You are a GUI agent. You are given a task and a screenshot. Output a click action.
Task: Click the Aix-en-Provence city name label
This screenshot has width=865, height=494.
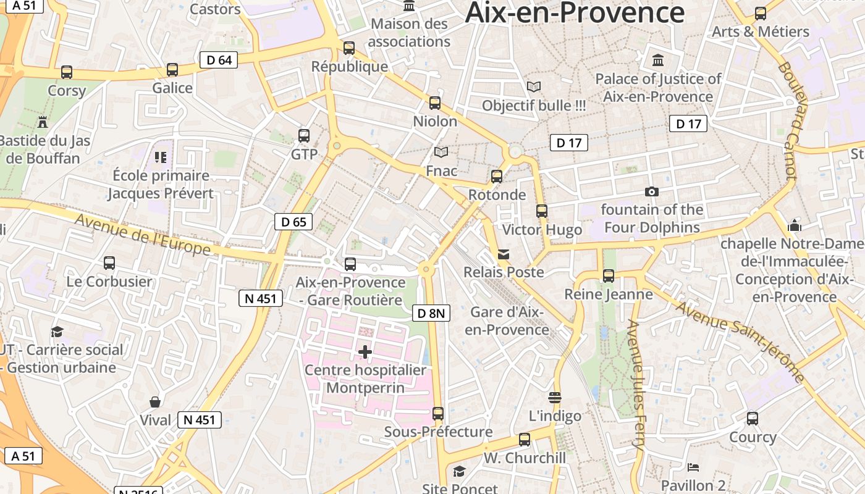[575, 12]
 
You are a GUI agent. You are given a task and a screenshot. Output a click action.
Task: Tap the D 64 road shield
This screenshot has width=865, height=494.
[219, 60]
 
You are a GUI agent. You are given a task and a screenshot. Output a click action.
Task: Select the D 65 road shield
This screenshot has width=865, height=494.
[293, 222]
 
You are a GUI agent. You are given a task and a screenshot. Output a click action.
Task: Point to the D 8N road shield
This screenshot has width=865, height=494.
[431, 313]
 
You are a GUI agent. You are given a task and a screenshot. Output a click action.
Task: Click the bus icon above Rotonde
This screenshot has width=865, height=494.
[496, 177]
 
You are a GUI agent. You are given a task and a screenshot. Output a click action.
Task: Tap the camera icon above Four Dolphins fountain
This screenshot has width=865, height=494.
[651, 192]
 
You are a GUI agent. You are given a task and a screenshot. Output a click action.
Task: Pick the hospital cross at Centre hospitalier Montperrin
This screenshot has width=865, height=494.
[365, 352]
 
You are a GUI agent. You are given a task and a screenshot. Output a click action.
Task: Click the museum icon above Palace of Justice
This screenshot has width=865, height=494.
[658, 61]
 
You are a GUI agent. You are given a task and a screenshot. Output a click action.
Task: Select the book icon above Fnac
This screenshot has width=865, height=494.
[441, 152]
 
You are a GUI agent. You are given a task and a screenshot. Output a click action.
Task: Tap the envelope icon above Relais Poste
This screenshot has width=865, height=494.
[504, 254]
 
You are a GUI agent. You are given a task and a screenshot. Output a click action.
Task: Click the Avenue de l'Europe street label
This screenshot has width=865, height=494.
[143, 235]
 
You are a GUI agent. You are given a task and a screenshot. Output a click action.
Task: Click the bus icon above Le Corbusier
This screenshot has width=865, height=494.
[109, 263]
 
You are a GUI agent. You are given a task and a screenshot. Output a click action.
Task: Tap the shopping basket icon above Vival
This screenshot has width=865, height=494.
[155, 402]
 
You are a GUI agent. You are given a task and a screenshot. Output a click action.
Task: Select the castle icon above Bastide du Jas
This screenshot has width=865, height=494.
[43, 122]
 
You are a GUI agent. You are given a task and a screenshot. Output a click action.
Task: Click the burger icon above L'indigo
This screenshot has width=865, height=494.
[554, 397]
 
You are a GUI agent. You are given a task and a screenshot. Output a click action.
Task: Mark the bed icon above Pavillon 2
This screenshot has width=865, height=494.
[693, 467]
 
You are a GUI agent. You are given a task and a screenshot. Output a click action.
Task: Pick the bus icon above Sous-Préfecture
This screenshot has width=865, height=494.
[438, 413]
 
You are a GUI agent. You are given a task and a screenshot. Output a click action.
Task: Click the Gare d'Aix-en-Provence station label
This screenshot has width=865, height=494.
[507, 320]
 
